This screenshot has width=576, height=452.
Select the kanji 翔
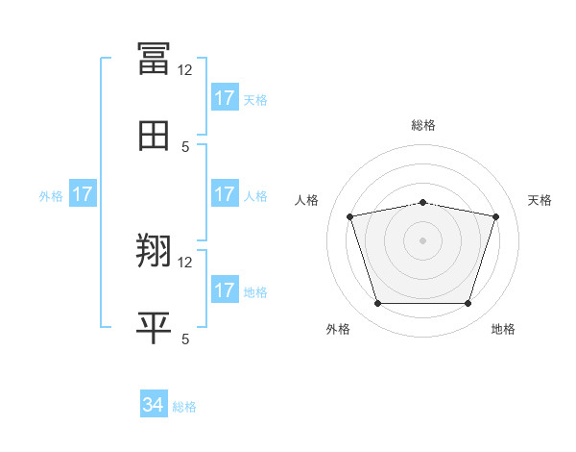pyautogui.click(x=154, y=251)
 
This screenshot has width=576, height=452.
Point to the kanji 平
pyautogui.click(x=154, y=328)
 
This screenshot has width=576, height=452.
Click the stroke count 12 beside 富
pyautogui.click(x=185, y=69)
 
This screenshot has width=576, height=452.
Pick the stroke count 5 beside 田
pyautogui.click(x=185, y=146)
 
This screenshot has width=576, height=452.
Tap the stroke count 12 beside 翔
pyautogui.click(x=185, y=262)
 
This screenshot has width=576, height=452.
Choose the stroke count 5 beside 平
pyautogui.click(x=185, y=339)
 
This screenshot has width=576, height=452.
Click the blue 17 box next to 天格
pyautogui.click(x=225, y=98)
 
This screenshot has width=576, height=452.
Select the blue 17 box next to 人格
pyautogui.click(x=225, y=194)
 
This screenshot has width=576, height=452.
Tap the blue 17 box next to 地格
pyautogui.click(x=225, y=290)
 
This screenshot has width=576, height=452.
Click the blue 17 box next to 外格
pyautogui.click(x=83, y=194)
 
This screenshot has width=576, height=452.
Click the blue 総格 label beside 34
pyautogui.click(x=184, y=407)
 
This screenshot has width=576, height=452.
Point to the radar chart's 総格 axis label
pyautogui.click(x=423, y=125)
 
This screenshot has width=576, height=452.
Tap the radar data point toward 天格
pyautogui.click(x=495, y=217)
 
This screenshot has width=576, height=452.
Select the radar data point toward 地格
pyautogui.click(x=468, y=304)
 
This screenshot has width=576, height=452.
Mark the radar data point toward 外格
pyautogui.click(x=378, y=304)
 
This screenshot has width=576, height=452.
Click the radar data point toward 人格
pyautogui.click(x=350, y=217)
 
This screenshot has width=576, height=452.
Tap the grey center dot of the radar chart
pyautogui.click(x=423, y=240)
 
